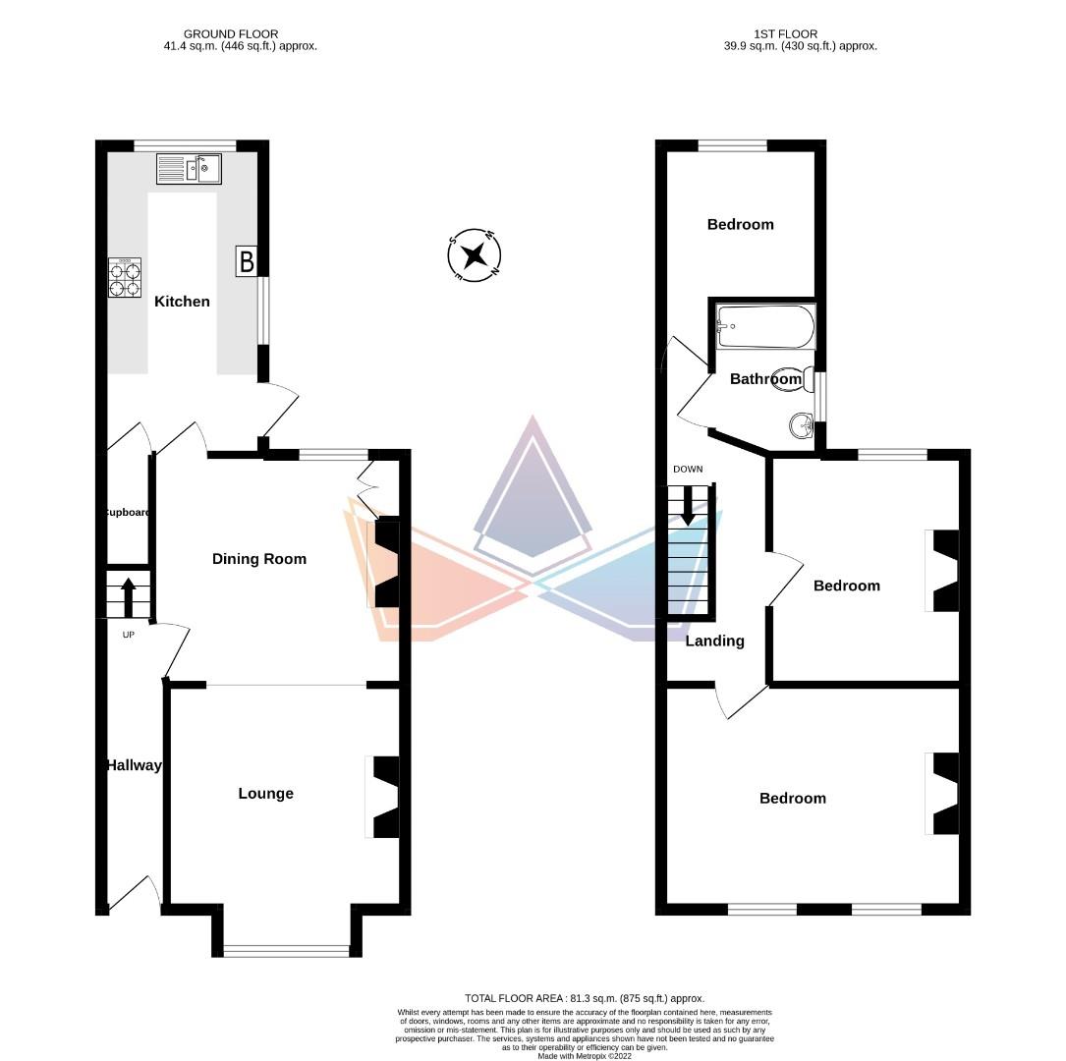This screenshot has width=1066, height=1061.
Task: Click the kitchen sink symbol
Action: (x=189, y=169)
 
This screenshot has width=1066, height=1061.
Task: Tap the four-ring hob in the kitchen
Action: (x=125, y=277)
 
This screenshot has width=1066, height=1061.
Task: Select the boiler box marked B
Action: (x=246, y=262)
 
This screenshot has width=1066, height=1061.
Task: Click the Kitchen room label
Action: (x=182, y=302)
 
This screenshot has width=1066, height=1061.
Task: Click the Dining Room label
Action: (x=259, y=559)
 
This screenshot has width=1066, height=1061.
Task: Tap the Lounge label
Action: (x=265, y=794)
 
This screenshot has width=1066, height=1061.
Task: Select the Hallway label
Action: (x=134, y=765)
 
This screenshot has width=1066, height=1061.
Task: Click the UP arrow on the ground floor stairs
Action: (x=128, y=594)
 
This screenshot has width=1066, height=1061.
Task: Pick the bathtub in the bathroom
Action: (x=765, y=325)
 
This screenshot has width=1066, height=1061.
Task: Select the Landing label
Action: (x=714, y=641)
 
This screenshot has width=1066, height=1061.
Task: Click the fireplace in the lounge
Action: (x=383, y=797)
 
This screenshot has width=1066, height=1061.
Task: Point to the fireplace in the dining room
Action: (x=385, y=564)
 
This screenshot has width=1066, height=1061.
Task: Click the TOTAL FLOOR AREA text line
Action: (x=585, y=997)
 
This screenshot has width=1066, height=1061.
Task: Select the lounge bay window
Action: (x=286, y=950)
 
